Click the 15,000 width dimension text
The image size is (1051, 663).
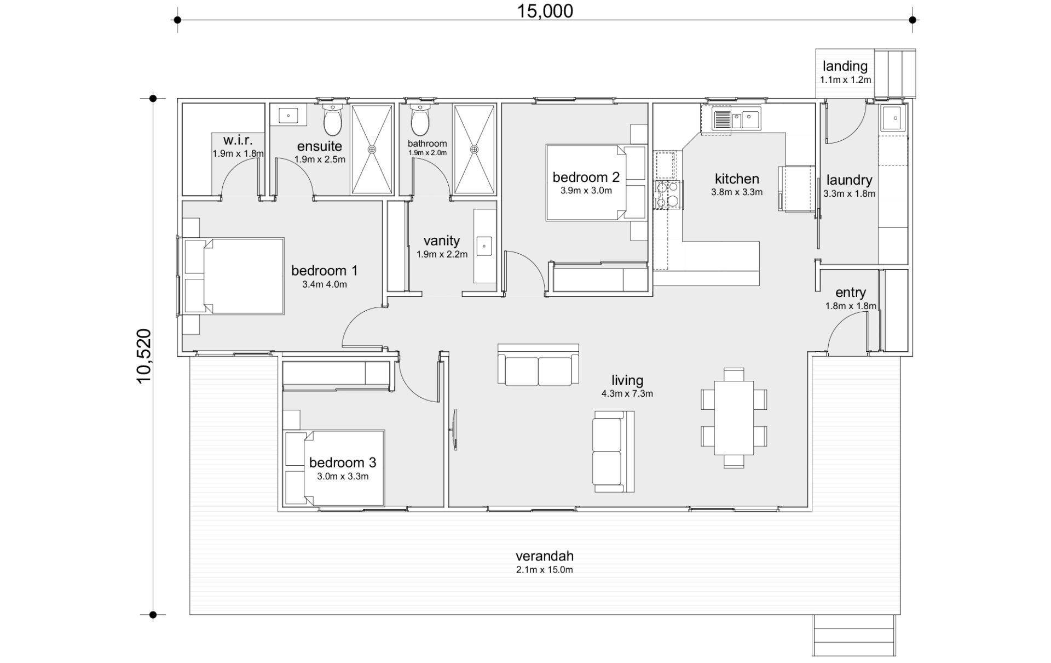point(545,11)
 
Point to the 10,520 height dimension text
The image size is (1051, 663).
point(143,356)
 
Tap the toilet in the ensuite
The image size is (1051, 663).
point(332,119)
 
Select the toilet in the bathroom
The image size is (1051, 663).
point(420,119)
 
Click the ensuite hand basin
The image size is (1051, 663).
point(288,116)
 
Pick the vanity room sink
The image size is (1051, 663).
point(484,246)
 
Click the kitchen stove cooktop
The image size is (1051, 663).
point(667,195)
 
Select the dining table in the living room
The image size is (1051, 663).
point(734,418)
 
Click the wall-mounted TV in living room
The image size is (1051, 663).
point(454,430)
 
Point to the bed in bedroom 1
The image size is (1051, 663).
point(234,276)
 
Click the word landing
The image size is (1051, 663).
point(845,66)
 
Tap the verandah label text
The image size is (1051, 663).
point(545,556)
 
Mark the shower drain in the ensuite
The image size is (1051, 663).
point(372,149)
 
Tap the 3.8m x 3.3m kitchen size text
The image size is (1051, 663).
point(737,192)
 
